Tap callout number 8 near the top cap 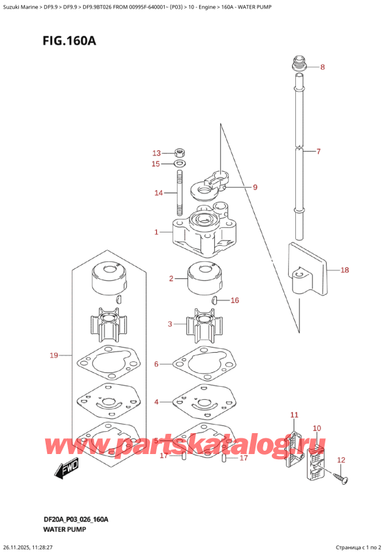[322, 67]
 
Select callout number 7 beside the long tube [318, 152]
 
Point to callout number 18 [345, 269]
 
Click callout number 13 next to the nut [156, 153]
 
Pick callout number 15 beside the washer [156, 163]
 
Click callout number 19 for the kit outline [54, 355]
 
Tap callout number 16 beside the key [235, 301]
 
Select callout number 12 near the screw [340, 460]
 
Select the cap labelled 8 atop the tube [299, 65]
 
